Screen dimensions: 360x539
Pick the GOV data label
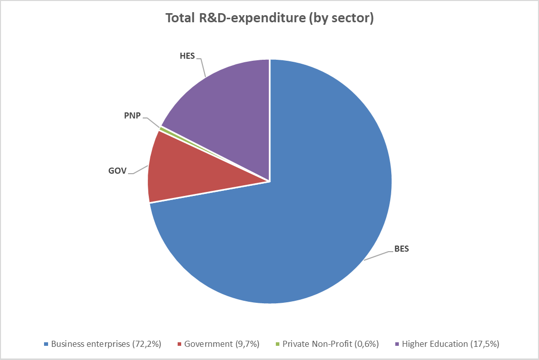pos(117,171)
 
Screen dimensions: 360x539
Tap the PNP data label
pos(132,116)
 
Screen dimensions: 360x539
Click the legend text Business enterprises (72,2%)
pos(106,344)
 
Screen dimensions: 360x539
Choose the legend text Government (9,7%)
pos(222,344)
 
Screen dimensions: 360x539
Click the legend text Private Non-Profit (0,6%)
pos(330,344)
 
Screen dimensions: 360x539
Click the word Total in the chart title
pos(180,19)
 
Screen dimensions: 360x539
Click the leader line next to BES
pos(377,255)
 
